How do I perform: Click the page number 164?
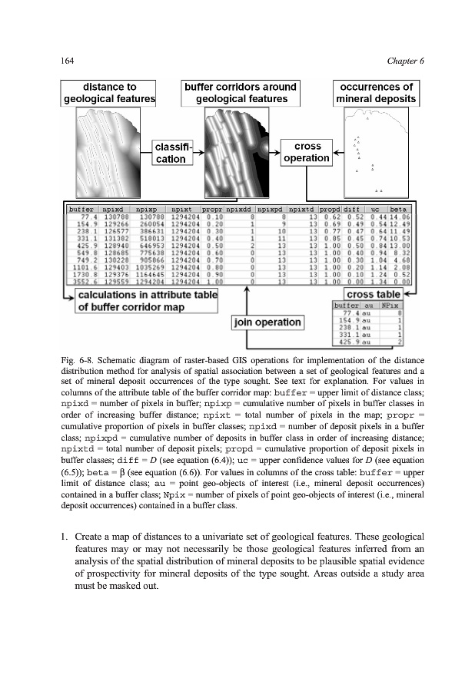[68, 60]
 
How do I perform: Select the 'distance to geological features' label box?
[109, 93]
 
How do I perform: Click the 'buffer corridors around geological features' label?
[240, 93]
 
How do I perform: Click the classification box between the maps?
[175, 152]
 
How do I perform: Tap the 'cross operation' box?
[308, 152]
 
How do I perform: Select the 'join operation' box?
[266, 323]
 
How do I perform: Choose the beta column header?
[397, 208]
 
